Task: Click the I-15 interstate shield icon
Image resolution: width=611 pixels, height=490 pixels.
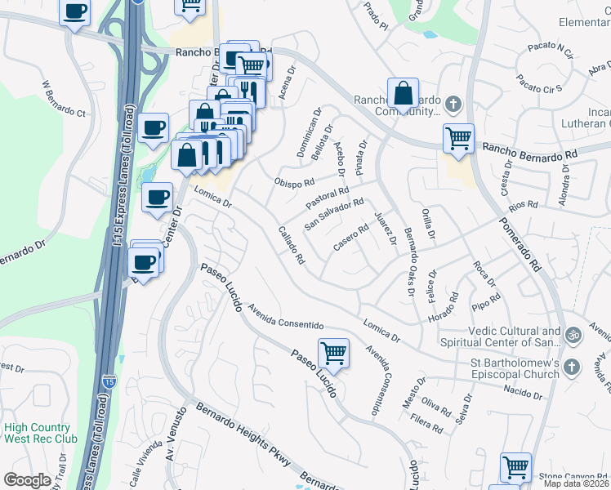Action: point(109,381)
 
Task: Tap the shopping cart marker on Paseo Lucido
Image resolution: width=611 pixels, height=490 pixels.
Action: point(333,354)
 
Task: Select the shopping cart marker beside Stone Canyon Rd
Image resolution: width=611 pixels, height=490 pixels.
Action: point(515,468)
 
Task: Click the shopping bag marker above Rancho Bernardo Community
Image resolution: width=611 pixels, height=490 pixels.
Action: point(403,93)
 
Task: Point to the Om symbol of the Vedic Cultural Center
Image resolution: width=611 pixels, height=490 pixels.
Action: point(572,334)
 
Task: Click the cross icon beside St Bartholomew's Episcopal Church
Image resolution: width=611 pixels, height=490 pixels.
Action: point(571,367)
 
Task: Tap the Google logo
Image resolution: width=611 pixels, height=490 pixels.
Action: point(27,480)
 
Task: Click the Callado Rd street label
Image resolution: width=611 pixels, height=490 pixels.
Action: point(292,246)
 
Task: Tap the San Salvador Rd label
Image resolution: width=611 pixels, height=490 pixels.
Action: point(333,214)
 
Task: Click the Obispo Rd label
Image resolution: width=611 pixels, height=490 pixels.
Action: point(295,182)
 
